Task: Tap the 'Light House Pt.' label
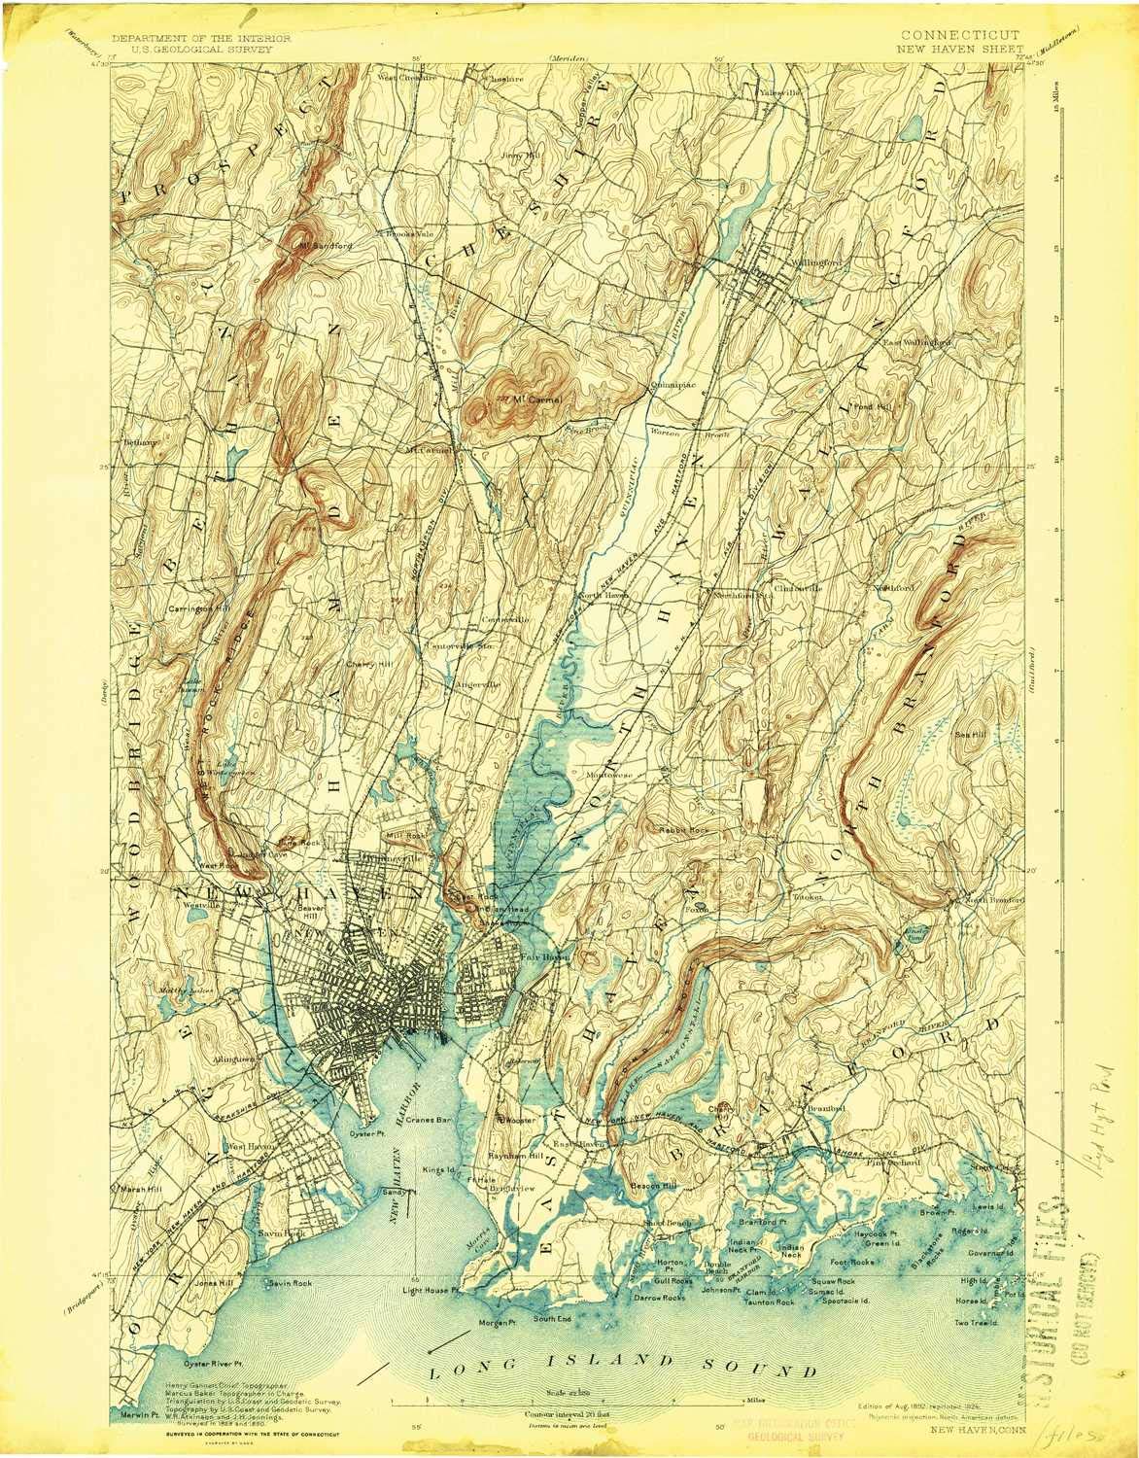pos(429,1291)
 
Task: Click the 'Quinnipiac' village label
pos(672,384)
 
